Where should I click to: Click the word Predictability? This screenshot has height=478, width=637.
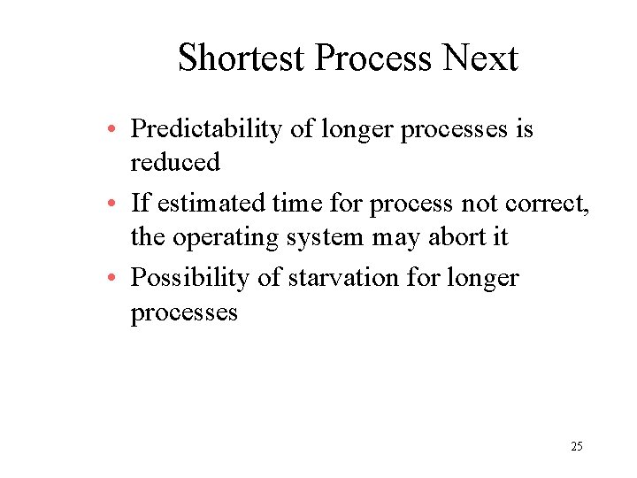click(x=208, y=129)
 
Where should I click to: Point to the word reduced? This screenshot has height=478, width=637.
click(x=175, y=163)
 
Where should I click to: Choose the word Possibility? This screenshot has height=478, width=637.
click(x=190, y=278)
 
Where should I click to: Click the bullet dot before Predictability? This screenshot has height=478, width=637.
click(x=117, y=131)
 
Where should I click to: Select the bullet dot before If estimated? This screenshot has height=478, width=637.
click(x=117, y=205)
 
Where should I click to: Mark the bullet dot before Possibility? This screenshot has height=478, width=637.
click(x=117, y=280)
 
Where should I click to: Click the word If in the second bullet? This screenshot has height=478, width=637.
click(x=140, y=204)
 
